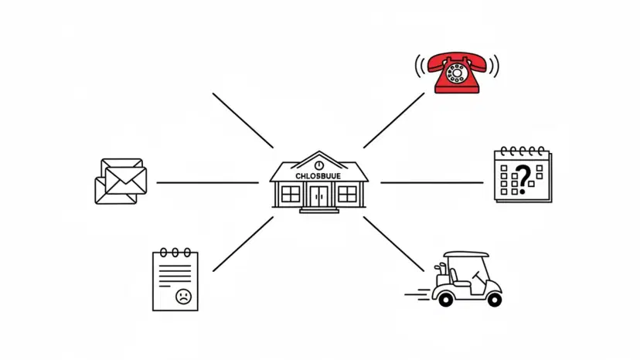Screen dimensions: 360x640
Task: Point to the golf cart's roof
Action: click(x=466, y=254)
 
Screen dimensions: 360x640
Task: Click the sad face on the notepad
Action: click(x=183, y=295)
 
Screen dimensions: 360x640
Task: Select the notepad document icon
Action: click(x=175, y=280)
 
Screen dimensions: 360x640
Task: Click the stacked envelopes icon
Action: click(x=121, y=182)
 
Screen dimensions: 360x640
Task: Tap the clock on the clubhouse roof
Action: click(x=318, y=165)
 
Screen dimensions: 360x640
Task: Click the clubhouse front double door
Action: click(x=318, y=196)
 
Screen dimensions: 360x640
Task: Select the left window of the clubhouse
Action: click(x=291, y=193)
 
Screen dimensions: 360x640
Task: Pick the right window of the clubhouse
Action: click(x=346, y=193)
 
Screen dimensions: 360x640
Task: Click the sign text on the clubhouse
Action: click(x=318, y=176)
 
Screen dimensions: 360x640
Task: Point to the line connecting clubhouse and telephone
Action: click(x=393, y=120)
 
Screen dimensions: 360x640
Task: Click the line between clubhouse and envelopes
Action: click(x=207, y=183)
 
